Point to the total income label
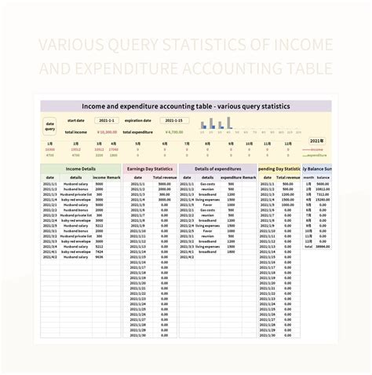tap(76, 132)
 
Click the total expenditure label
tap(144, 132)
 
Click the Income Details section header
tap(81, 168)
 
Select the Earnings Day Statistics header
tap(150, 168)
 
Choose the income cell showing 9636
tap(99, 257)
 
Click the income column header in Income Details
tap(100, 178)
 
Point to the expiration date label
tap(140, 121)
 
